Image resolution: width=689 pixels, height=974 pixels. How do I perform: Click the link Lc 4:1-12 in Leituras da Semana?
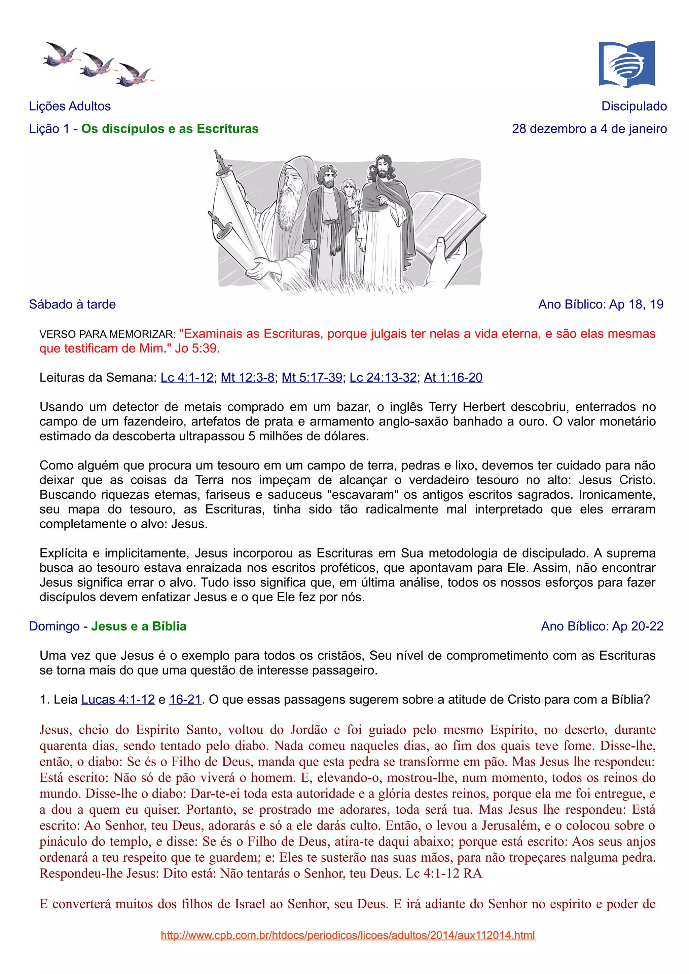click(187, 377)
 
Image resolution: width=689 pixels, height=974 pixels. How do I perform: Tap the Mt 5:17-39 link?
click(312, 377)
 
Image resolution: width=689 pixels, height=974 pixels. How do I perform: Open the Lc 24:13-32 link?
click(383, 377)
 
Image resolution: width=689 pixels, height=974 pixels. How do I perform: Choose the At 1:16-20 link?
click(453, 377)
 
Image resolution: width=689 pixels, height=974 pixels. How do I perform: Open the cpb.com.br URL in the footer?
click(348, 935)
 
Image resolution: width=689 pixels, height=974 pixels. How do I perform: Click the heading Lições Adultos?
click(70, 106)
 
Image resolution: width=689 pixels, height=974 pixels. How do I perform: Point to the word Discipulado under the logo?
click(634, 106)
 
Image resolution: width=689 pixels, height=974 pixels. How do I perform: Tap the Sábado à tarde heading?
click(72, 304)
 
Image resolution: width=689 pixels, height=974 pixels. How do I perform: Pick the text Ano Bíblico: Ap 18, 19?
click(601, 304)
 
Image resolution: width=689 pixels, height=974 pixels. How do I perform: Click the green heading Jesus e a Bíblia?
click(139, 626)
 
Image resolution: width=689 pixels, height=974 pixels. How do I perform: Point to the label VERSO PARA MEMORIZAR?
click(107, 334)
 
